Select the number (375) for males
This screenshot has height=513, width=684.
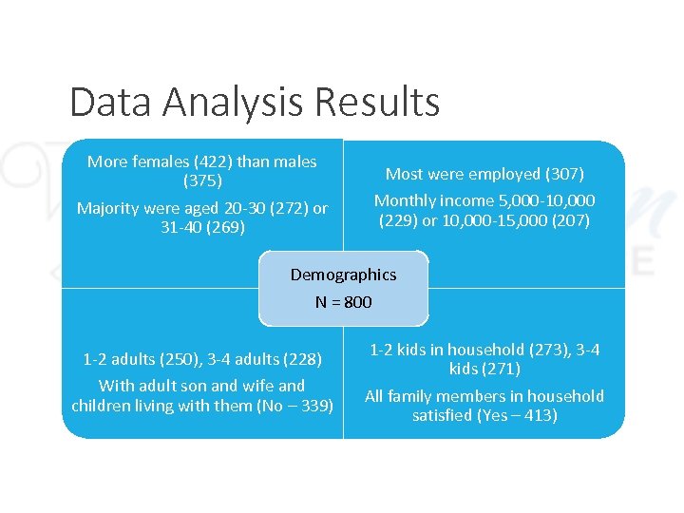click(202, 180)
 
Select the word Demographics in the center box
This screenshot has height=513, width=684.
click(343, 275)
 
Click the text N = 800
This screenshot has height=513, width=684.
click(343, 302)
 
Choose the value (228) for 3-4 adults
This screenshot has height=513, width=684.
click(303, 359)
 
